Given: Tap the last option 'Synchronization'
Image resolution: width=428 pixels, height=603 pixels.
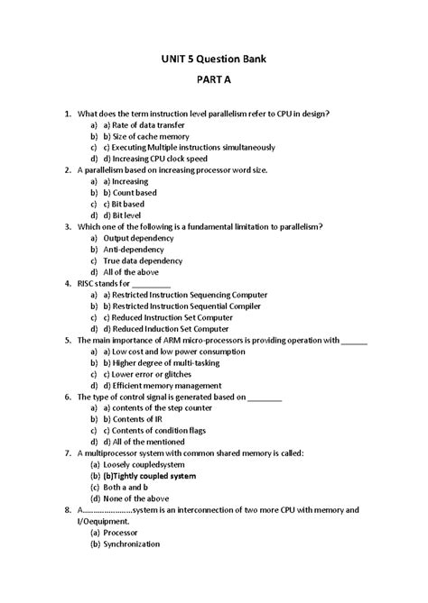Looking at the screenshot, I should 132,544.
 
